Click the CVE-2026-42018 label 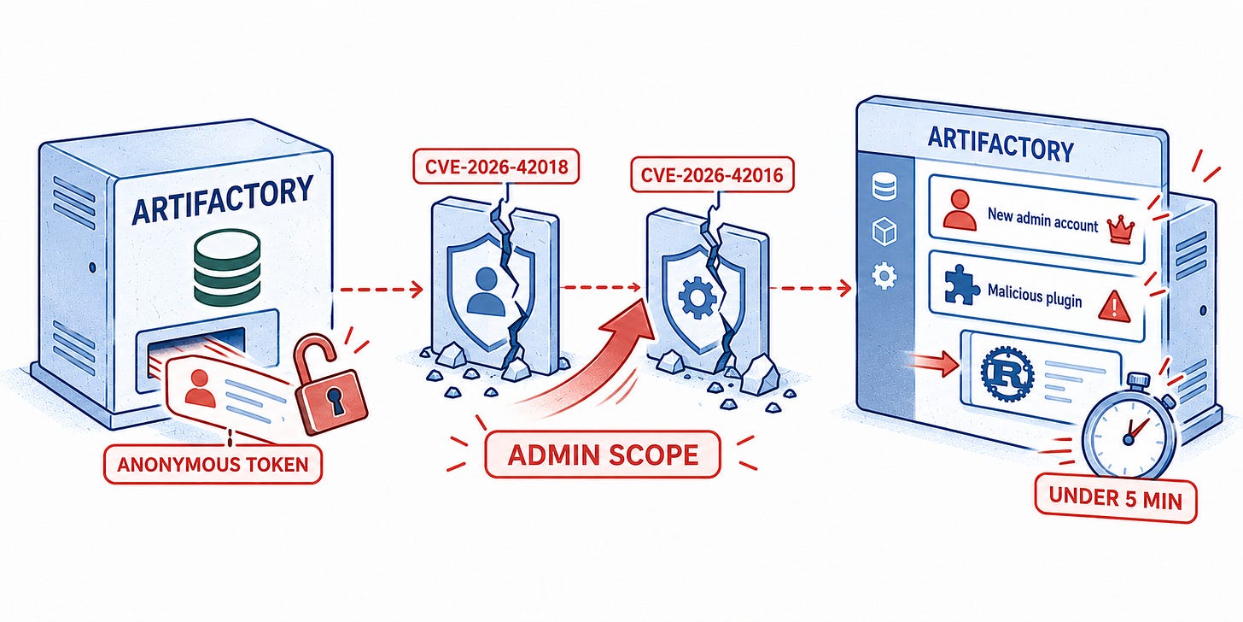(x=496, y=166)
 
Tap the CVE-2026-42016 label (x=712, y=175)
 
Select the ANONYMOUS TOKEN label (x=213, y=464)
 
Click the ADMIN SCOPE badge (x=603, y=455)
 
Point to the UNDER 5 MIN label (x=1116, y=498)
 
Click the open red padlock (x=330, y=384)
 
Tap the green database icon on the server (x=227, y=269)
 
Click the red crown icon (x=1120, y=230)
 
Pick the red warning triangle (x=1114, y=307)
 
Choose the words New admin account (x=1042, y=220)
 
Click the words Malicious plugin (x=1035, y=295)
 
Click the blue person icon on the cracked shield (x=486, y=291)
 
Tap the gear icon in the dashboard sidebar (x=884, y=275)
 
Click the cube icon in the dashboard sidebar (x=884, y=231)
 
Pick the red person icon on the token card (x=201, y=388)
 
